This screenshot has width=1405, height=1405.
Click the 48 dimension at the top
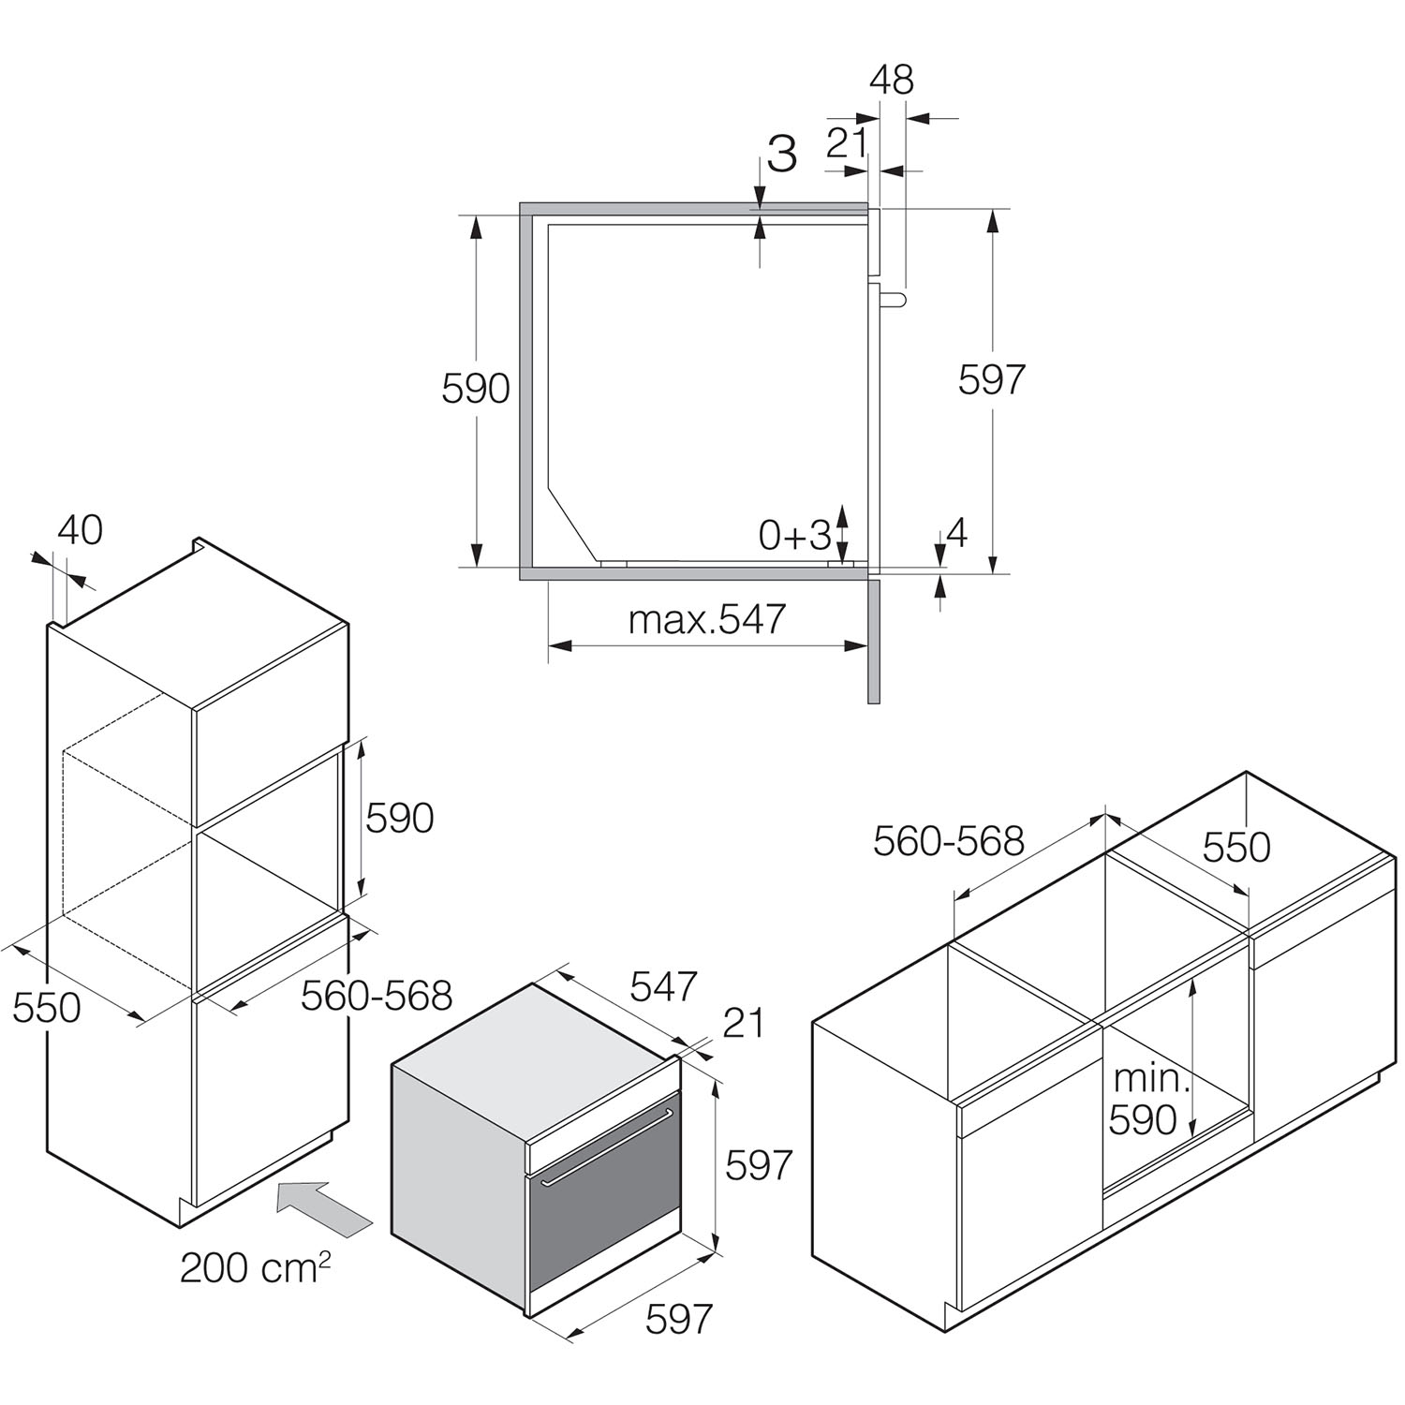click(891, 81)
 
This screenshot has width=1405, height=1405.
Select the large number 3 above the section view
click(782, 154)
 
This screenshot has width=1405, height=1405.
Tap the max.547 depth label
click(707, 619)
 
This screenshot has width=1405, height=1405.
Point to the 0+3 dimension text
click(794, 535)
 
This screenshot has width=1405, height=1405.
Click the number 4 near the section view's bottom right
click(956, 533)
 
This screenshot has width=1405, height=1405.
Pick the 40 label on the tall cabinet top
click(80, 530)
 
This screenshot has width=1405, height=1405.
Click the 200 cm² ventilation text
click(255, 1268)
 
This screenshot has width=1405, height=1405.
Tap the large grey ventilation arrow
click(324, 1207)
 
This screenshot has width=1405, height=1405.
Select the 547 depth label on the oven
click(663, 985)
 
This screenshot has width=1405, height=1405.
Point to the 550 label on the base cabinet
click(1236, 847)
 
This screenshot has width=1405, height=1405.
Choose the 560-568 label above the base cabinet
click(948, 841)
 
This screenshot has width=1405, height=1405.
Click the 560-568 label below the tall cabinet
click(377, 995)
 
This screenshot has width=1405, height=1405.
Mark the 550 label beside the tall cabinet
click(47, 1008)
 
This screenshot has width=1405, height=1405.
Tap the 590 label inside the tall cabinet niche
click(399, 818)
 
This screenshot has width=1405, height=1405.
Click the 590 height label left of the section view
click(476, 389)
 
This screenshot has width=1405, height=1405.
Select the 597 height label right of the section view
click(992, 379)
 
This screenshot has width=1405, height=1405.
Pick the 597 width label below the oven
click(679, 1319)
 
